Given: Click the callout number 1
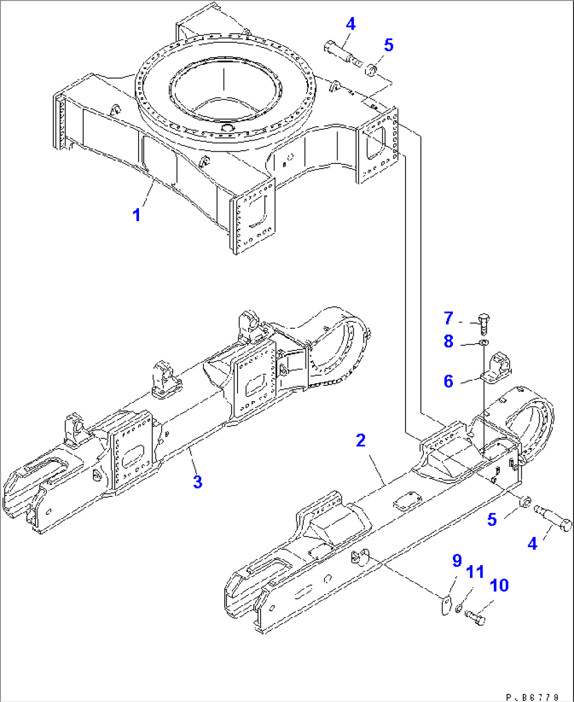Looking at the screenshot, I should coord(136,215).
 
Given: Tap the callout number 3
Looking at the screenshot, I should coord(197,482).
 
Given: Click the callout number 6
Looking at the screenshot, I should coord(448,381).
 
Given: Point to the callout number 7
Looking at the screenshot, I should coord(448,318).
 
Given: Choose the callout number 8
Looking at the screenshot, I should coord(448,342).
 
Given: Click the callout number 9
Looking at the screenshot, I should coord(457,560).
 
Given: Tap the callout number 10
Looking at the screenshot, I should coord(499,585).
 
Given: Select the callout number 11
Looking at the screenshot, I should coord(475,572).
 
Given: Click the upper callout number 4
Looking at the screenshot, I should coord(350,24).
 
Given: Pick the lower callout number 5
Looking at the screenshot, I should coord(491,520).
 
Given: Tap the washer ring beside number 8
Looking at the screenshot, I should coord(483,344).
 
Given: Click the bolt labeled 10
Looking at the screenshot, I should coord(476,618).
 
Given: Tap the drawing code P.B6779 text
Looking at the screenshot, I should coord(533,697).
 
